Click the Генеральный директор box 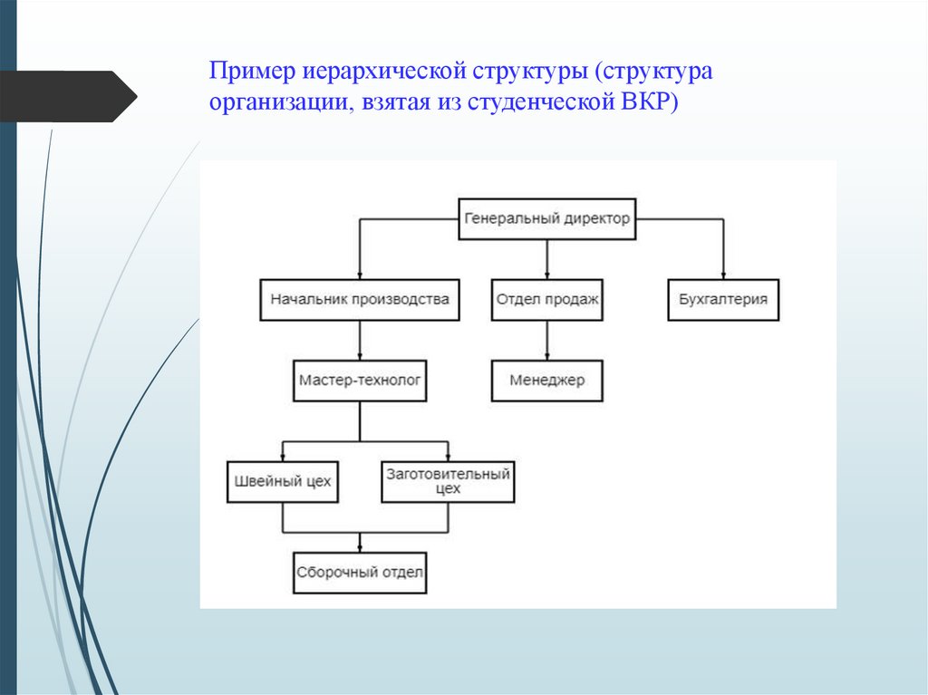546,218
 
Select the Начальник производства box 360,299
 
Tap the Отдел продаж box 546,299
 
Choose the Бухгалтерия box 723,299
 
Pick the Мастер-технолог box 360,381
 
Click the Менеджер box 546,381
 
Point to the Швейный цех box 282,481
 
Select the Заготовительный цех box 448,481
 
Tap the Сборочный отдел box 360,573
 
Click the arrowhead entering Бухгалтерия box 723,275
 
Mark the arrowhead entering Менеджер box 546,356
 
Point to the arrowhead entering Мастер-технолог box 360,356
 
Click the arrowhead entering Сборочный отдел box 360,547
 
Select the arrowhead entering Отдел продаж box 546,275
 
